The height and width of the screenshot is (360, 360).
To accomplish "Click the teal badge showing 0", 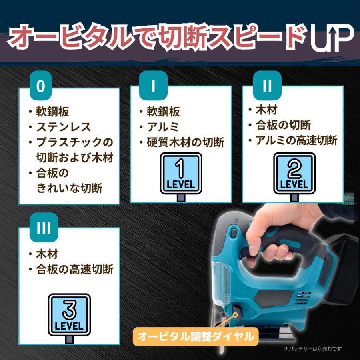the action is coord(41,86).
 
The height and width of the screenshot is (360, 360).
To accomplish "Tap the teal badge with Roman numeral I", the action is coord(153,86).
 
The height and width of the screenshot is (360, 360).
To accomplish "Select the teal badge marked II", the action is coord(267,86).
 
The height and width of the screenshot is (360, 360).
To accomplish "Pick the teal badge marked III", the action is coord(44,227).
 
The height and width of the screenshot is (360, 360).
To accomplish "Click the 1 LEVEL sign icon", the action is coord(181,177).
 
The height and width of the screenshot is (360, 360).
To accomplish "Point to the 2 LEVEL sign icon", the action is coord(294,177).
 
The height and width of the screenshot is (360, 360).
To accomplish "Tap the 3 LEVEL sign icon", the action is coord(69,318).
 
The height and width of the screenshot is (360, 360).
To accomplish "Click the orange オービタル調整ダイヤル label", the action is coord(196,337).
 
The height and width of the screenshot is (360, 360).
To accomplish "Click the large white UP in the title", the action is coord(332,38).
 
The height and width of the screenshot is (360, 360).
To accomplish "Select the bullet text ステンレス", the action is coord(64,127).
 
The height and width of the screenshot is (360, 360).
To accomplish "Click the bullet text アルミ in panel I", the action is coord(163,127).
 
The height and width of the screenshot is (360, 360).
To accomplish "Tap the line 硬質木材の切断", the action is coord(186,142).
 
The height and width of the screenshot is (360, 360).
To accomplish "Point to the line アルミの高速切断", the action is coord(296,140).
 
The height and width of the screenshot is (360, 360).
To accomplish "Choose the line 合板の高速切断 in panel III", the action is coord(75,269).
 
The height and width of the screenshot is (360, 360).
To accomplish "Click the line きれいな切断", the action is coord(69,188).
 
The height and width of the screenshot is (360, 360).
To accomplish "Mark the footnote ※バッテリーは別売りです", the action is coord(313,349).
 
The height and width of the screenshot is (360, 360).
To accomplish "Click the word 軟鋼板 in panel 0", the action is coord(52,112).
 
